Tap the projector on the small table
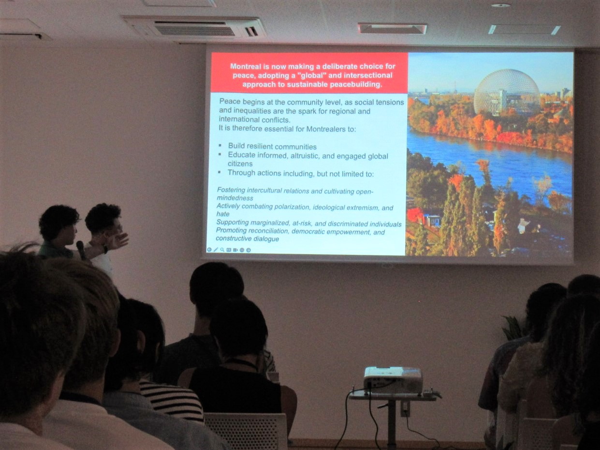click(394, 380)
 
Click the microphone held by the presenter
click(81, 250)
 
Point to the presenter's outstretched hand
click(117, 241)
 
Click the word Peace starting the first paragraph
click(230, 102)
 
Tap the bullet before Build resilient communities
click(220, 146)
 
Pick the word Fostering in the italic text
click(231, 190)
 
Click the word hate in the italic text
click(223, 214)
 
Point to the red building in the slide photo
click(415, 215)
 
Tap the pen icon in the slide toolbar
click(216, 250)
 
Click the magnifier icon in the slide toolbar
click(222, 250)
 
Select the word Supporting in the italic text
click(233, 223)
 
